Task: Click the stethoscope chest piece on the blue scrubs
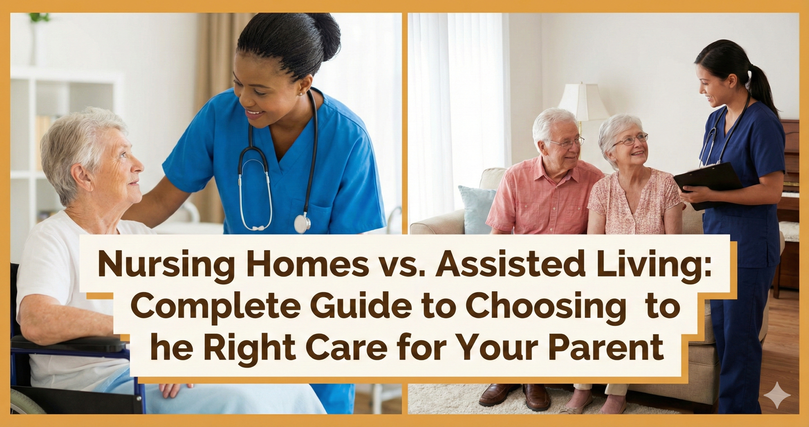(x=302, y=223)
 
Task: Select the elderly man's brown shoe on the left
(x=498, y=394)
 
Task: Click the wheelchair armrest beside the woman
(x=68, y=344)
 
